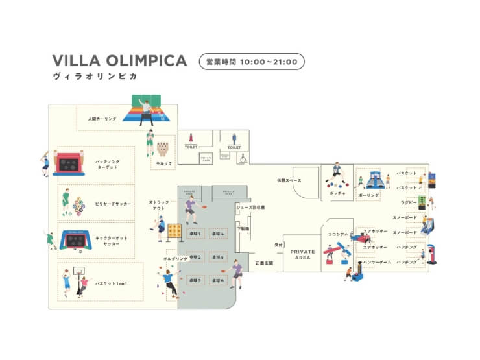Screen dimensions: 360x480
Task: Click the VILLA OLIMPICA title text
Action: [x=119, y=60]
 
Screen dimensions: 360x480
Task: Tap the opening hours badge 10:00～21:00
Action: [x=251, y=62]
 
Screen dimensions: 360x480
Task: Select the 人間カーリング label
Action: [x=102, y=119]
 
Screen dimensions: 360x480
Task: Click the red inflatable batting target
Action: [x=69, y=164]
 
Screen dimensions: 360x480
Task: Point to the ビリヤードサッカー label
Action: [x=113, y=204]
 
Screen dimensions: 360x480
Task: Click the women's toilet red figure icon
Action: [x=191, y=138]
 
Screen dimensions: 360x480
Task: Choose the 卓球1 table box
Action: [x=195, y=233]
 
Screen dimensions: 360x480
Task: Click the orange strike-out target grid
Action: [x=174, y=230]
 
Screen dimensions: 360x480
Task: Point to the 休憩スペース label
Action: [x=289, y=180]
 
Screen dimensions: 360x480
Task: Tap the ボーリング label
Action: [x=368, y=195]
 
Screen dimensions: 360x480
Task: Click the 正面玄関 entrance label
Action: [x=265, y=263]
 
